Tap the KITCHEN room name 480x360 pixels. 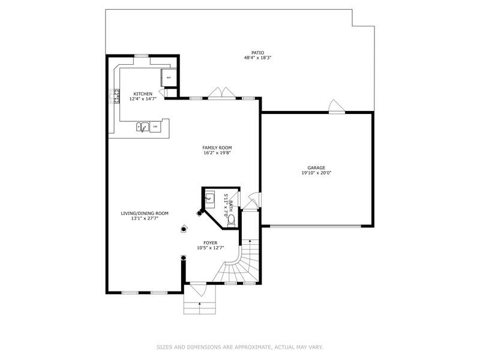pyautogui.click(x=143, y=94)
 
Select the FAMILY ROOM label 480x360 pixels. pyautogui.click(x=217, y=148)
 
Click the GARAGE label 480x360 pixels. pyautogui.click(x=316, y=168)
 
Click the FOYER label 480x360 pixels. pyautogui.click(x=210, y=242)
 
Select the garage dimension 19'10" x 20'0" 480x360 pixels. pyautogui.click(x=316, y=173)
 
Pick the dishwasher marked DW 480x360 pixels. pyautogui.click(x=155, y=127)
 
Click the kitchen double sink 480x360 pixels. pyautogui.click(x=142, y=127)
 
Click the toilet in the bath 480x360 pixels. pyautogui.click(x=231, y=221)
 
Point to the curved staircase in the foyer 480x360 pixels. pyautogui.click(x=240, y=264)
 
